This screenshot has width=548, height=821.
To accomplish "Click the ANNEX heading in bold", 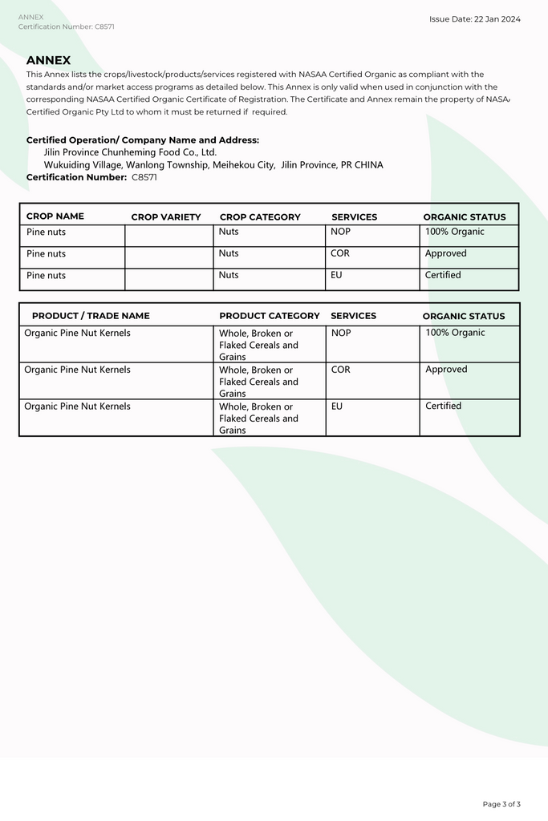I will click(48, 60).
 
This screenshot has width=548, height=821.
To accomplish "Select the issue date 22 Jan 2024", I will click(474, 19).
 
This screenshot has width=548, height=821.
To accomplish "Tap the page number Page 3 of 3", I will click(501, 804).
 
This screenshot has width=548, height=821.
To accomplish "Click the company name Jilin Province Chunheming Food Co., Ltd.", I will click(130, 152).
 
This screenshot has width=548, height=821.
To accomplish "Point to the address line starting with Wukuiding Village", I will click(213, 165).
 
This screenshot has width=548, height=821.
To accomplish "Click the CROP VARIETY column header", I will click(166, 217).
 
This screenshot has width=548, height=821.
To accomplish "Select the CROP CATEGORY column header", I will click(260, 217).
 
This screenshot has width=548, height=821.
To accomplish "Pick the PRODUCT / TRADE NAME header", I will click(91, 316).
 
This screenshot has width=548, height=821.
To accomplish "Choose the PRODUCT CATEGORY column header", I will click(269, 316).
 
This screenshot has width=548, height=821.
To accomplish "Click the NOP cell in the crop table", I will click(340, 232).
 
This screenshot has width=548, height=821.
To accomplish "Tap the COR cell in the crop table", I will click(340, 253).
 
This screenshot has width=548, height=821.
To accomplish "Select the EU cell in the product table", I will click(337, 406).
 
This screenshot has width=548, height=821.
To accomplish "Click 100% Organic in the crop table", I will click(455, 232).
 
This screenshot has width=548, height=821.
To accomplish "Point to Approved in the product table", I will click(446, 370).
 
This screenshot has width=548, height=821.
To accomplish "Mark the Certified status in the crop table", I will click(443, 275).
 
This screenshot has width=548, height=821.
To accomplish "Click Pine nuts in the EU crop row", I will click(46, 276).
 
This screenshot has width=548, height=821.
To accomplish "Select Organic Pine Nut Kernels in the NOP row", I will click(77, 333).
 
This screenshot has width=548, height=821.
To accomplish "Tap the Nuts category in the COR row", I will click(229, 253).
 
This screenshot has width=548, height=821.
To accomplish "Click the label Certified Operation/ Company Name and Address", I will click(142, 140).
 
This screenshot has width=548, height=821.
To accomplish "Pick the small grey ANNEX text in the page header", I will click(31, 17).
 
